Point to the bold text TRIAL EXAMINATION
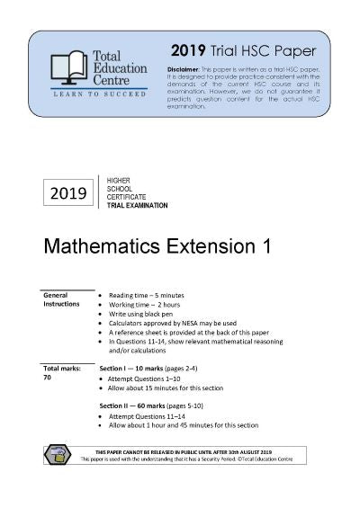click(x=137, y=205)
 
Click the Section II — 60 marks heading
click(x=157, y=406)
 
